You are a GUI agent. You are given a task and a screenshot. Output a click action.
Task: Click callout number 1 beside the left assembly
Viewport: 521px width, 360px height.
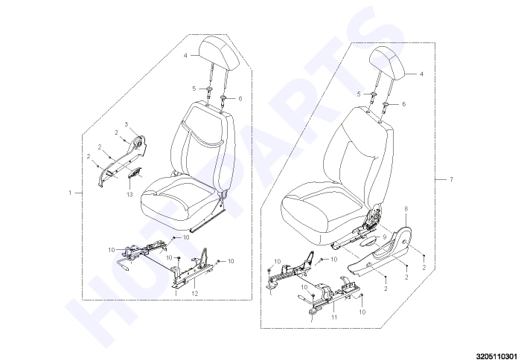(70, 193)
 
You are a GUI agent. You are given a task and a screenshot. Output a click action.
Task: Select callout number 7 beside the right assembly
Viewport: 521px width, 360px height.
(451, 180)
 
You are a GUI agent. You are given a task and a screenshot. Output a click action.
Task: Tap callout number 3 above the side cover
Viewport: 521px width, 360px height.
(127, 124)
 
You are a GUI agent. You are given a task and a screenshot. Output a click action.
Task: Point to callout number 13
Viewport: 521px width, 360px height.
(130, 194)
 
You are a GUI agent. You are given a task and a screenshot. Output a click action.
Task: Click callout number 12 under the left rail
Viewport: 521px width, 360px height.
(195, 293)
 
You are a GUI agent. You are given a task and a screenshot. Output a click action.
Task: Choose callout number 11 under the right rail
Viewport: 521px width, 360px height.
(334, 317)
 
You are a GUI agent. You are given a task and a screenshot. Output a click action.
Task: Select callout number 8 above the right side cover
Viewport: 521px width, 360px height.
(406, 209)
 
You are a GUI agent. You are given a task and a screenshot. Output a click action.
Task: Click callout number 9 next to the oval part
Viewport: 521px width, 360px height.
(384, 237)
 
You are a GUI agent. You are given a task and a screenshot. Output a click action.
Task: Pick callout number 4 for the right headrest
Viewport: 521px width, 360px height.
(422, 74)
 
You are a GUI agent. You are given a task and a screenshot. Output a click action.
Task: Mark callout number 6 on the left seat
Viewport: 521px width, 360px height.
(240, 99)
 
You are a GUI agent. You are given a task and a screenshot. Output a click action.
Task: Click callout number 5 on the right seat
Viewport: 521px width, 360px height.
(359, 94)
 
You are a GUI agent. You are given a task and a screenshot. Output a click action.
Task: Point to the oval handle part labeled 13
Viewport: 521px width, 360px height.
(134, 173)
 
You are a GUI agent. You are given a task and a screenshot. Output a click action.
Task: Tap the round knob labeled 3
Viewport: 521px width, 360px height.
(138, 144)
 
